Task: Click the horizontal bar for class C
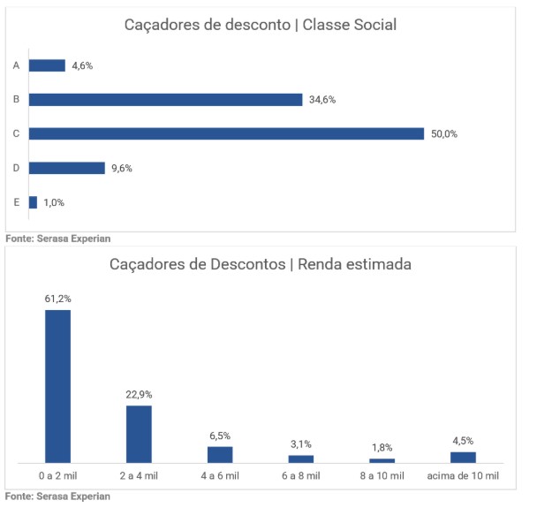(227, 133)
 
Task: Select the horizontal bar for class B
(165, 100)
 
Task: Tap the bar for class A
(47, 65)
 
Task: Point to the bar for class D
(66, 168)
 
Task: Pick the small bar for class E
(33, 202)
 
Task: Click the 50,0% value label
(444, 134)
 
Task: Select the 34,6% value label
(322, 100)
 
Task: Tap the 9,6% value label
(121, 168)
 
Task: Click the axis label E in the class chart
(17, 202)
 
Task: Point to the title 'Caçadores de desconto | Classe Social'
(260, 25)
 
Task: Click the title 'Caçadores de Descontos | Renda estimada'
(261, 264)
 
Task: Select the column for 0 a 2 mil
(58, 386)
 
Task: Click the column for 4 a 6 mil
(220, 454)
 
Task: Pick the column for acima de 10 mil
(463, 457)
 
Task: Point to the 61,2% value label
(58, 299)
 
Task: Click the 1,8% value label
(382, 448)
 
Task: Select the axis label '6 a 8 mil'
(301, 476)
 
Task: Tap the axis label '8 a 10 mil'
(382, 476)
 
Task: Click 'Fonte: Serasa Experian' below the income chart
(58, 496)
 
